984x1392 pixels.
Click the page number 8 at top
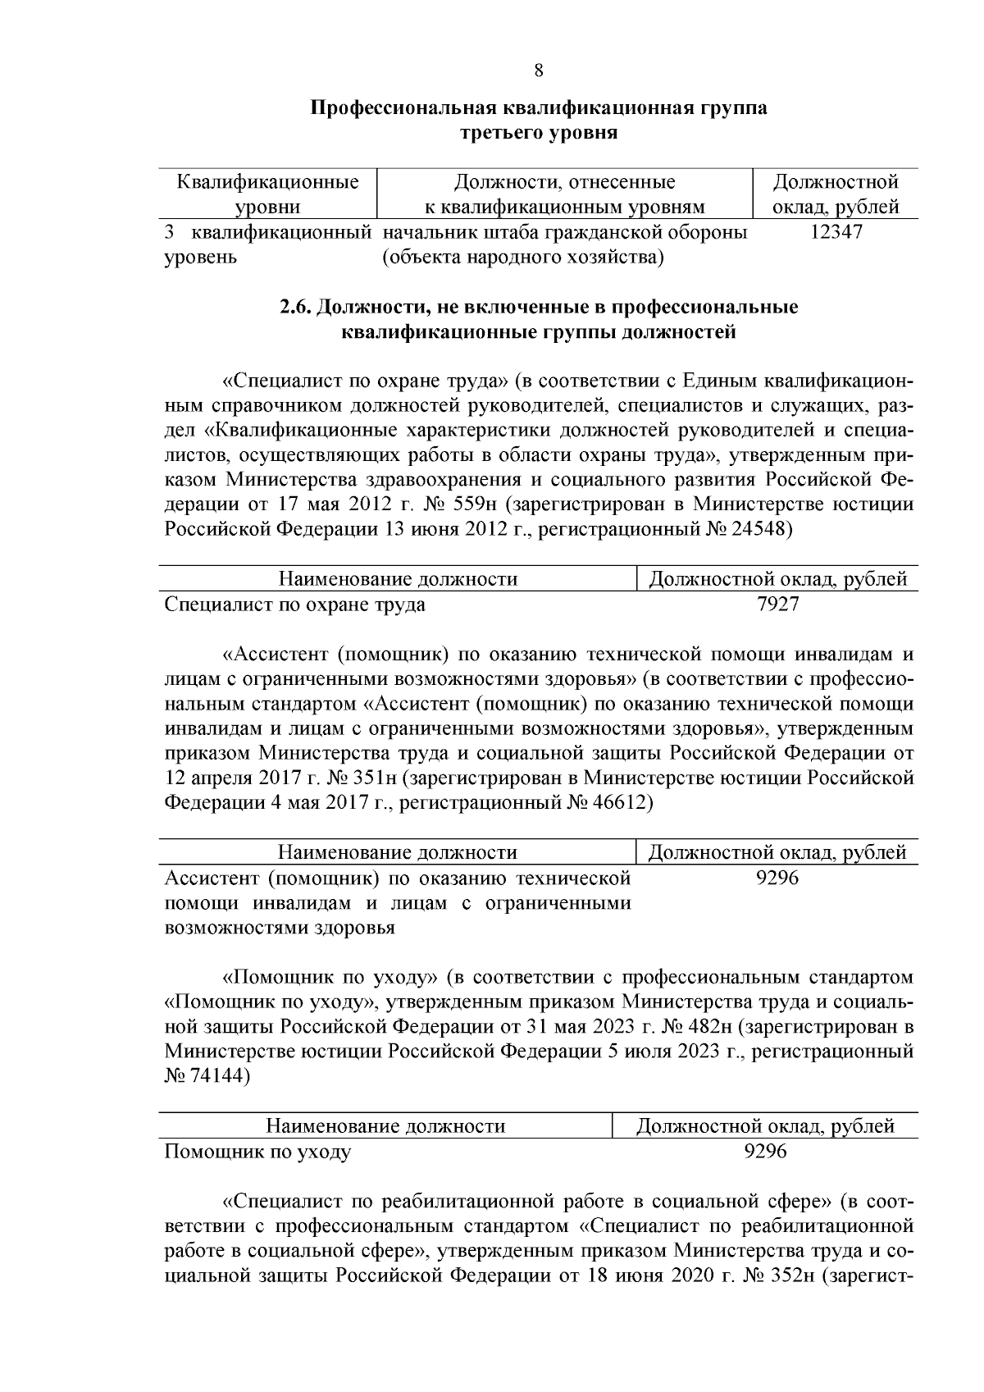click(x=538, y=71)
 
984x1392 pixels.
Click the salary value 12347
click(x=836, y=232)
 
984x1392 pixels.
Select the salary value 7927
click(x=777, y=605)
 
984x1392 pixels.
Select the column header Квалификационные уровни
click(x=268, y=194)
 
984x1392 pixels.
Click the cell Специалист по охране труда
click(x=295, y=605)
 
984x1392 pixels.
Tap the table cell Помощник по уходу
click(x=258, y=1152)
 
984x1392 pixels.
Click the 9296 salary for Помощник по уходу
click(x=764, y=1152)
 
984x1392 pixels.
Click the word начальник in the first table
click(x=428, y=232)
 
